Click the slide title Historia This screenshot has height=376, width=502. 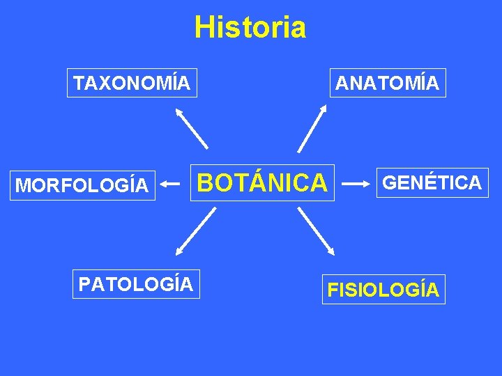tap(250, 28)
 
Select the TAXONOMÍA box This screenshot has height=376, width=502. tap(132, 83)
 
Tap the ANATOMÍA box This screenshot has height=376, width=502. tap(388, 83)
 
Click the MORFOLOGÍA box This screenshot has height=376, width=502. tap(82, 185)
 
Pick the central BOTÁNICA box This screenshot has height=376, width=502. tap(263, 182)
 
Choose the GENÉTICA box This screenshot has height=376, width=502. tap(432, 182)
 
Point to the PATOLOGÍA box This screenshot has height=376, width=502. tap(136, 284)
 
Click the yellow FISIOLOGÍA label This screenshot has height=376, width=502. tap(383, 290)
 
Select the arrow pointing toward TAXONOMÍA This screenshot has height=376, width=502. tap(191, 127)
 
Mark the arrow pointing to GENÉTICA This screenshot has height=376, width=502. tap(356, 184)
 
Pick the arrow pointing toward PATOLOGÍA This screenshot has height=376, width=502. tap(195, 232)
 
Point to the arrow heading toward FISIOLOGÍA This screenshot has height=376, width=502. tap(317, 231)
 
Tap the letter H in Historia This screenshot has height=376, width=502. tap(204, 28)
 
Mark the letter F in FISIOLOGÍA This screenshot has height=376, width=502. tap(333, 290)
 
